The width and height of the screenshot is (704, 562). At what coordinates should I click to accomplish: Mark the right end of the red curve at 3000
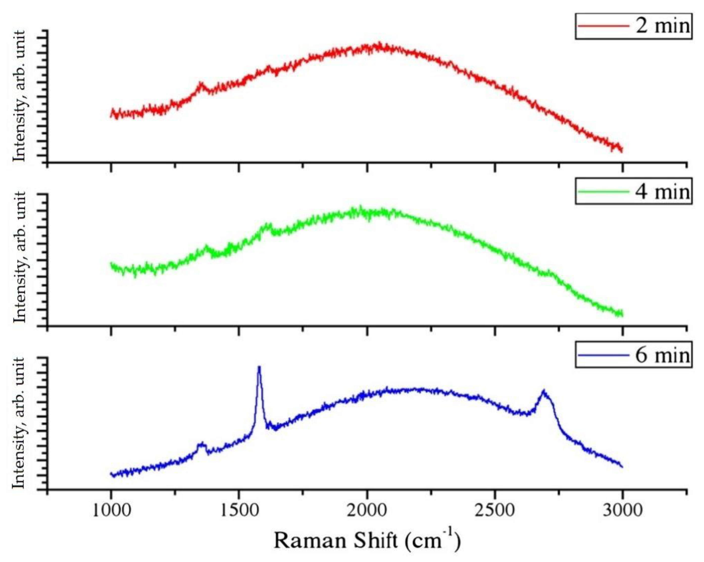point(622,149)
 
